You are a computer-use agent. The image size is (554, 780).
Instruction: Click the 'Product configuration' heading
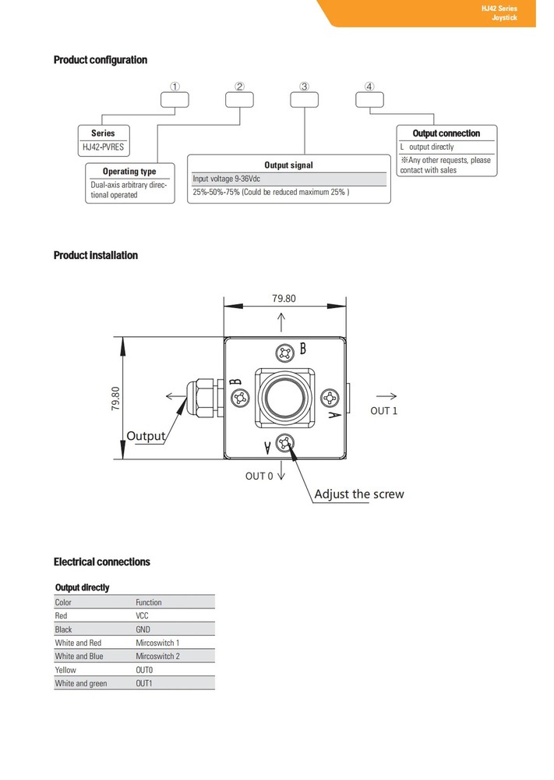coord(100,60)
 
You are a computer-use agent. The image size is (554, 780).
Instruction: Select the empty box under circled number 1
coord(175,99)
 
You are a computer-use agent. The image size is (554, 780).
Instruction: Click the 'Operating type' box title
coord(129,172)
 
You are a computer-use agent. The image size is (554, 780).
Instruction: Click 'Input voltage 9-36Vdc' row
coord(226,179)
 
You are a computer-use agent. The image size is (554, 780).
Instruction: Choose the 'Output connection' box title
coord(446,133)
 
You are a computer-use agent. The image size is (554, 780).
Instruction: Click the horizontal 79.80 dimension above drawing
coord(284,298)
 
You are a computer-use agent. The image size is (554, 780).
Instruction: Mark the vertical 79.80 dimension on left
coord(116,398)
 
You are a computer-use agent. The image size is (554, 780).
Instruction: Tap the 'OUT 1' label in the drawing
coord(383,411)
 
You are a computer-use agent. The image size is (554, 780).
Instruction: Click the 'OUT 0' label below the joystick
coord(259,476)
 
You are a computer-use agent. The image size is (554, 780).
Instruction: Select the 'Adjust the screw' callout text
coord(359,494)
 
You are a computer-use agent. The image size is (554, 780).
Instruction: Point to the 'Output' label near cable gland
coord(146,435)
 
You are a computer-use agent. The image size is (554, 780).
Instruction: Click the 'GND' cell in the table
coord(143,629)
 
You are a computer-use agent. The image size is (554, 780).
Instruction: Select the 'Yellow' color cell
coord(65,670)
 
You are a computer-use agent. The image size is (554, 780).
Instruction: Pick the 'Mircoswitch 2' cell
coord(157,656)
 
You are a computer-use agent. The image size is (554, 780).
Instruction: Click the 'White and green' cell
coord(81,683)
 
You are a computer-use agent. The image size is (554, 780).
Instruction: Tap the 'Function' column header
coord(149,602)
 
